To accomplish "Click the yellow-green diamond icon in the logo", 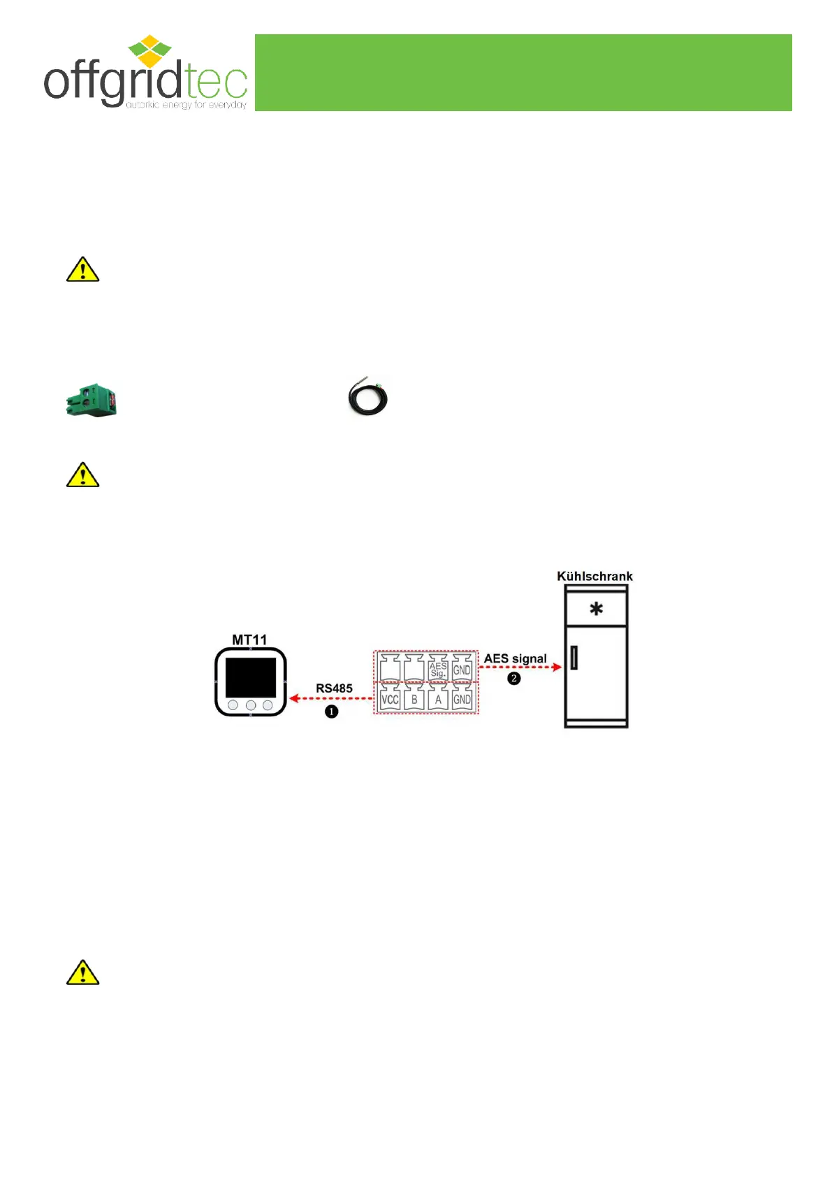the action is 149,51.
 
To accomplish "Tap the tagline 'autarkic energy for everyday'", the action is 186,105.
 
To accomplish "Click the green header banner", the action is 523,72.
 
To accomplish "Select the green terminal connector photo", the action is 92,401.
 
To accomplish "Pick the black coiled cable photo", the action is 367,396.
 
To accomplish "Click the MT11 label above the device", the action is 249,640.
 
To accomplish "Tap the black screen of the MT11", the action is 250,677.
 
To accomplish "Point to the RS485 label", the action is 334,688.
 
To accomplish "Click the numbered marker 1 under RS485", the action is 331,712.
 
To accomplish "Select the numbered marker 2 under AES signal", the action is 514,679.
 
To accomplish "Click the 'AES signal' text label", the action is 516,658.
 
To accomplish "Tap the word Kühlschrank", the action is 594,577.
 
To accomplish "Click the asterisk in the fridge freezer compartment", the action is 596,609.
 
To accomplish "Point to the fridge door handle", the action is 574,658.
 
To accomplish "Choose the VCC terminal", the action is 390,699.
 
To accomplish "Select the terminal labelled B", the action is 414,699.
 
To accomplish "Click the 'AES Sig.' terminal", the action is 438,670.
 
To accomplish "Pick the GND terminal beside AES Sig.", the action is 462,670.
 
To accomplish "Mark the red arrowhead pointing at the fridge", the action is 557,667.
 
